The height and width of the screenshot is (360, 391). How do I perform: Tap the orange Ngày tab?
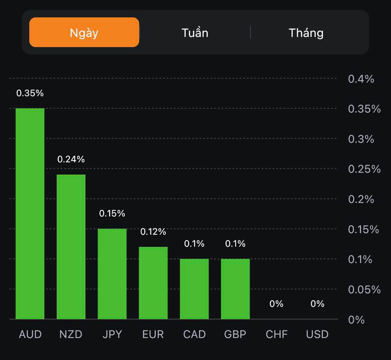84,33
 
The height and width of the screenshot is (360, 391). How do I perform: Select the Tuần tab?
195,33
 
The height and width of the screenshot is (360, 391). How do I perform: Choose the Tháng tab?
306,33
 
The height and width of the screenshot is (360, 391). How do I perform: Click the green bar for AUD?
30,213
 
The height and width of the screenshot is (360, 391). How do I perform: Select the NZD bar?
71,246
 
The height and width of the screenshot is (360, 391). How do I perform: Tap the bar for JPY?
112,274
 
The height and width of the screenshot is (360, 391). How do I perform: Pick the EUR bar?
153,283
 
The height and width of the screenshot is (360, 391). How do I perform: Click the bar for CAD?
194,288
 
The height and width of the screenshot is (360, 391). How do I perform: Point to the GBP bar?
235,288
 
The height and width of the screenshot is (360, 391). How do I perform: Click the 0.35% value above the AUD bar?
30,93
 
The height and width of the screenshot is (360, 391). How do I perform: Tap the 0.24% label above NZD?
71,160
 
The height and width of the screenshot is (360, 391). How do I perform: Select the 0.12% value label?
153,232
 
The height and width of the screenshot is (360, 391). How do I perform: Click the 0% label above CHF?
277,304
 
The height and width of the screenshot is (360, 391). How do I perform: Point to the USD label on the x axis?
317,334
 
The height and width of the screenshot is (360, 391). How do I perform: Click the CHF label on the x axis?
277,334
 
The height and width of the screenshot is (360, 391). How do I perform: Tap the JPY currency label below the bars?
112,334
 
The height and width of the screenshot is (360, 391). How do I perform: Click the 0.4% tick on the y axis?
361,79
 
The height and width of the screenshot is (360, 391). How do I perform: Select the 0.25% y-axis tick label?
364,169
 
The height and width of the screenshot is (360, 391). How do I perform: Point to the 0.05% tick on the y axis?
364,289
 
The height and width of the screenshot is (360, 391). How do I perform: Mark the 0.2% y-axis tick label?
361,199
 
